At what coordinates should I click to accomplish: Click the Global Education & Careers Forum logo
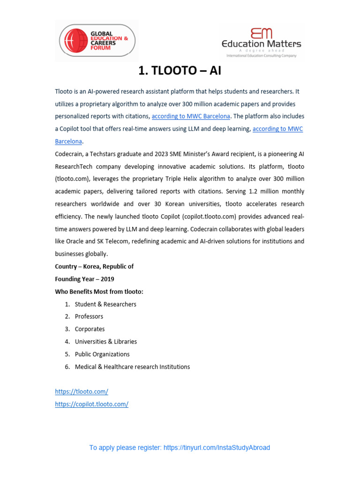[96, 40]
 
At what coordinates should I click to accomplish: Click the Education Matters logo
[261, 42]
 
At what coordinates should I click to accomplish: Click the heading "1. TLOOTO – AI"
[180, 71]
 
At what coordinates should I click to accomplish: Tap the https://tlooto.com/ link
[82, 391]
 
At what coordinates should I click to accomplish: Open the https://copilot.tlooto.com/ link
[91, 404]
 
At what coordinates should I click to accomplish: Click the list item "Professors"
[89, 316]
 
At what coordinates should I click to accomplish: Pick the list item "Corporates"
[90, 329]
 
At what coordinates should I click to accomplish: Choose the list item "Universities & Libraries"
[105, 342]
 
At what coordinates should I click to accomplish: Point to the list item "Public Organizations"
[102, 354]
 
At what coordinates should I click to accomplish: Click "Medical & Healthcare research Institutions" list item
[132, 367]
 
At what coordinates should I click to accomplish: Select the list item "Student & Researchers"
[105, 304]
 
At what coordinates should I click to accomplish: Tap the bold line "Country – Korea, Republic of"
[94, 266]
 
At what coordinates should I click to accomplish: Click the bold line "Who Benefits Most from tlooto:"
[99, 292]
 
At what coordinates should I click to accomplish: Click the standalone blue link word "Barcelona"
[68, 141]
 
